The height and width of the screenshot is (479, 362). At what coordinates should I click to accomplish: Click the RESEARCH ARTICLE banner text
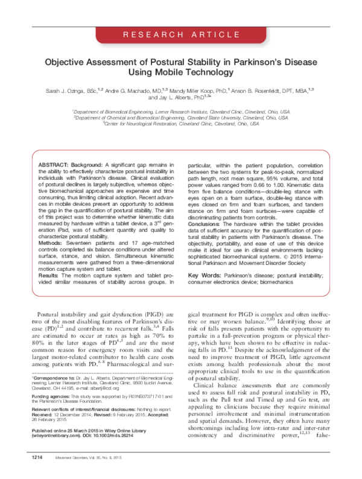(x=181, y=36)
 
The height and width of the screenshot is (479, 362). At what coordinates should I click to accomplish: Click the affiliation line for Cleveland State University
(x=180, y=117)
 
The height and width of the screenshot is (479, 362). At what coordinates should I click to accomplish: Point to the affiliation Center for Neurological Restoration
(x=180, y=124)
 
